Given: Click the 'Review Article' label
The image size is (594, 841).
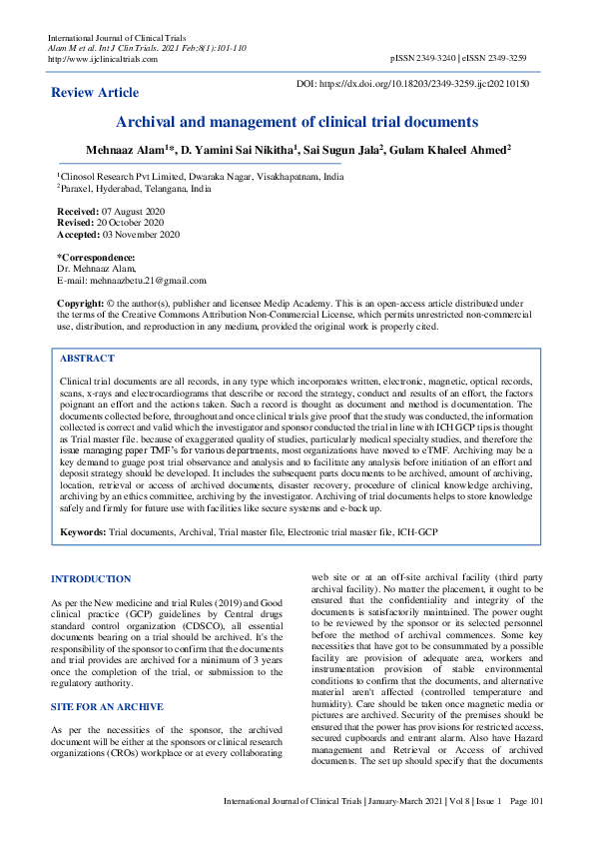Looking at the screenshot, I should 95,92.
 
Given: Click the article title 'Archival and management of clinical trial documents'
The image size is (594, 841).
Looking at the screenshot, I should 297,122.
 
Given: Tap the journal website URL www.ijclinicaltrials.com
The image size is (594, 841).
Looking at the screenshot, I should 103,59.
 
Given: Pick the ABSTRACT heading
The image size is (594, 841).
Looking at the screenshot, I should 87,358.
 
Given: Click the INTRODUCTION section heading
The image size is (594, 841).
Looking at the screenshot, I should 91,579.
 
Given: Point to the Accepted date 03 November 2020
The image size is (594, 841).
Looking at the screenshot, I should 142,236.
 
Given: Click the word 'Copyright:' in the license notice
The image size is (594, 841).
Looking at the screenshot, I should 80,303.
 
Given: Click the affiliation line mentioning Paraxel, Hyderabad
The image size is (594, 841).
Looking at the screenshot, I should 135,187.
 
